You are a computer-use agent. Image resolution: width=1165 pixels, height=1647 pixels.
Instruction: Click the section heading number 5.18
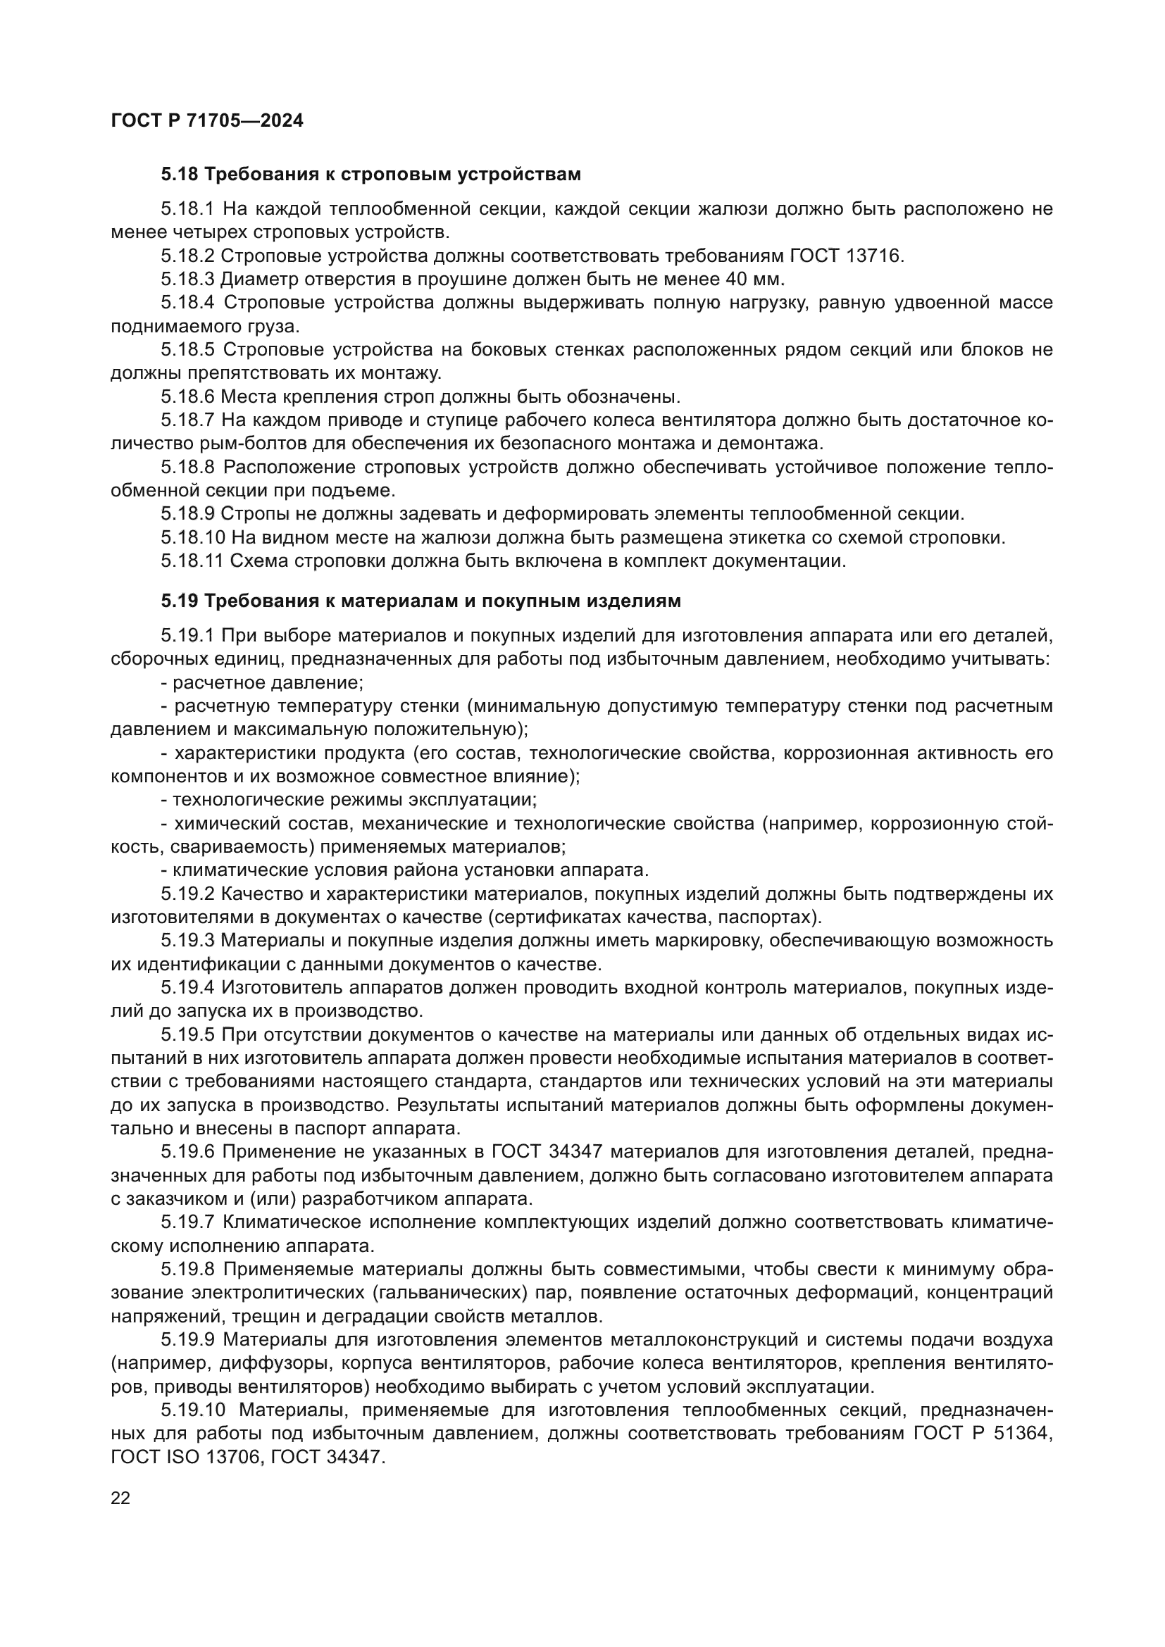tap(180, 175)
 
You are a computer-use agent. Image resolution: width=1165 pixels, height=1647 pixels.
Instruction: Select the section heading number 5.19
tap(180, 601)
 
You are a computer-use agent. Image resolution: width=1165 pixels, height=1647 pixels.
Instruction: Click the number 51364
tap(1023, 1434)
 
